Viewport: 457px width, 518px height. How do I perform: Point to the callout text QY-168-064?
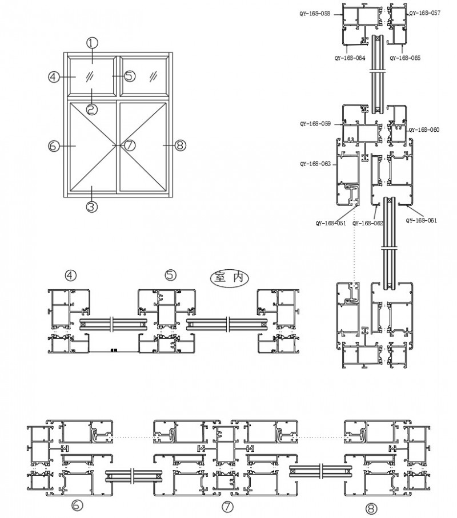350,58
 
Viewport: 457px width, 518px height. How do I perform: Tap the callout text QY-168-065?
405,58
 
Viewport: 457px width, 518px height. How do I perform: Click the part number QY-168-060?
424,129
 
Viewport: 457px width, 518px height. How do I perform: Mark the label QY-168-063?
315,164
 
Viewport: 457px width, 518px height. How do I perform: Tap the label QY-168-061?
421,221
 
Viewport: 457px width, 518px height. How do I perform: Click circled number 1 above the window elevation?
93,42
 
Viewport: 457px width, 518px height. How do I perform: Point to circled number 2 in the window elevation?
92,108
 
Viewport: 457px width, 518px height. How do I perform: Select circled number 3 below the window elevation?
93,207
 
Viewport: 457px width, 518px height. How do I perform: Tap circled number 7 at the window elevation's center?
130,145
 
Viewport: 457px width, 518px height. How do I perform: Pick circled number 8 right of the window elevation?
179,145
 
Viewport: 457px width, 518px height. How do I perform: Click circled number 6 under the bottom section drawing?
76,505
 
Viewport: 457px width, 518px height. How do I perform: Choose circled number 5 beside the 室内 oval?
170,275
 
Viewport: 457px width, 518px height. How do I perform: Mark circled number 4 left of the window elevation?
54,77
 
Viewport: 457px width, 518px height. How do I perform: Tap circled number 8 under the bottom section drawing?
372,507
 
